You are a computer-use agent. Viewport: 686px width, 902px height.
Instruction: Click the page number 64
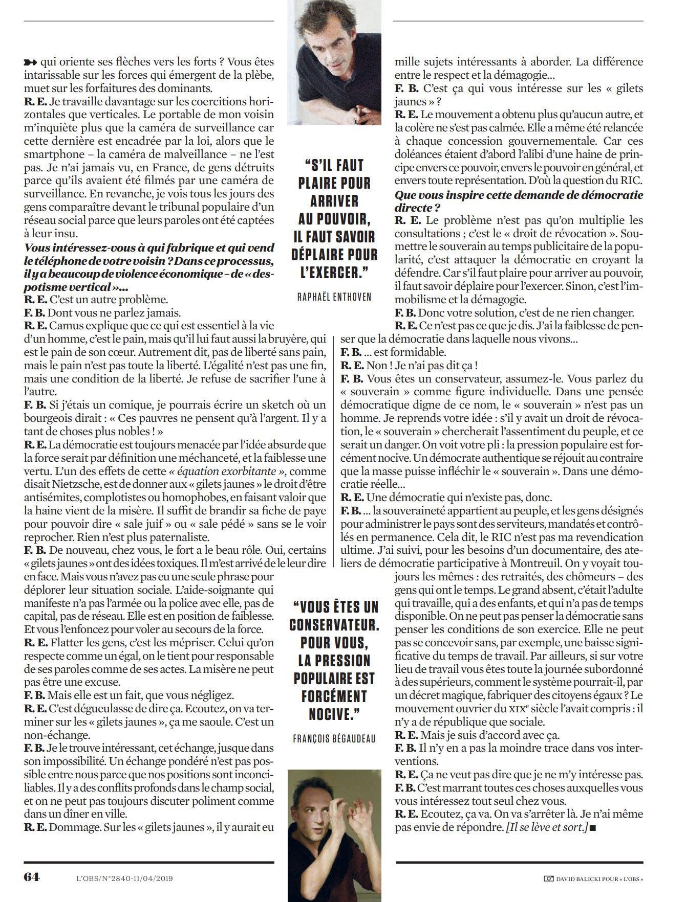pyautogui.click(x=31, y=876)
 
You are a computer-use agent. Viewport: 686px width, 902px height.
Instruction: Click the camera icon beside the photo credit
pyautogui.click(x=548, y=878)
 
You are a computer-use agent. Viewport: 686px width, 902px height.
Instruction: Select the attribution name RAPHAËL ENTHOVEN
pyautogui.click(x=334, y=297)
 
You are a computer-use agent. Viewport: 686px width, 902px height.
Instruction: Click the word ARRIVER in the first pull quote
pyautogui.click(x=334, y=200)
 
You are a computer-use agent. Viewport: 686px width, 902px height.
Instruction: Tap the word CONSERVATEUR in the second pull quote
pyautogui.click(x=334, y=624)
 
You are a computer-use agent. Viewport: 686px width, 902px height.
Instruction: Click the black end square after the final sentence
pyautogui.click(x=592, y=827)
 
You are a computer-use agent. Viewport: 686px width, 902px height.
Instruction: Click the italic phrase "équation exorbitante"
pyautogui.click(x=227, y=470)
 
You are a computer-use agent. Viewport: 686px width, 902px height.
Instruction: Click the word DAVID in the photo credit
pyautogui.click(x=567, y=878)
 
